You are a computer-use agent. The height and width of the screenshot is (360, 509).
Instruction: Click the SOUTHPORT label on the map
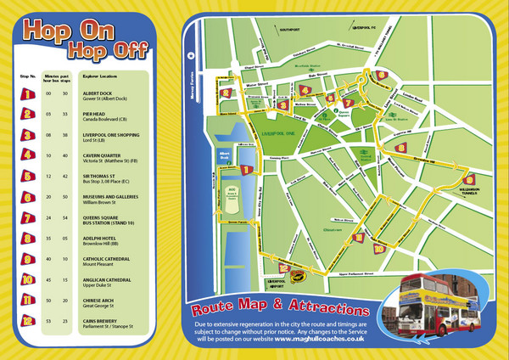click(290, 31)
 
